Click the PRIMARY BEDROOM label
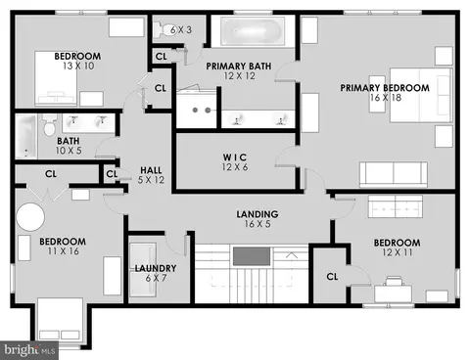[385, 88]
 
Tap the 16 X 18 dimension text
[386, 98]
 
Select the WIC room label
[235, 157]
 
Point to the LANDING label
[258, 214]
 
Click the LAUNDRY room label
[156, 268]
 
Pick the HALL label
[151, 170]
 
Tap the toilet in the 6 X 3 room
[164, 29]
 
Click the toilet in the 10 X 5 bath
[50, 125]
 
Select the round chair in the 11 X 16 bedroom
[30, 217]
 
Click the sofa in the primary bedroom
[394, 174]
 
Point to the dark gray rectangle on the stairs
[252, 256]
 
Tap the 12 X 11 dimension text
[398, 252]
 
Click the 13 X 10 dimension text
[78, 66]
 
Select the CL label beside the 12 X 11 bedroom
[332, 277]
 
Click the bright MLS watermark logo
[29, 350]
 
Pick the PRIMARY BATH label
[239, 67]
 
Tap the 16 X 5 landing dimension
[258, 224]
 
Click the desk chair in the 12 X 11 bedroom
[394, 281]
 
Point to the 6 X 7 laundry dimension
[156, 279]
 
